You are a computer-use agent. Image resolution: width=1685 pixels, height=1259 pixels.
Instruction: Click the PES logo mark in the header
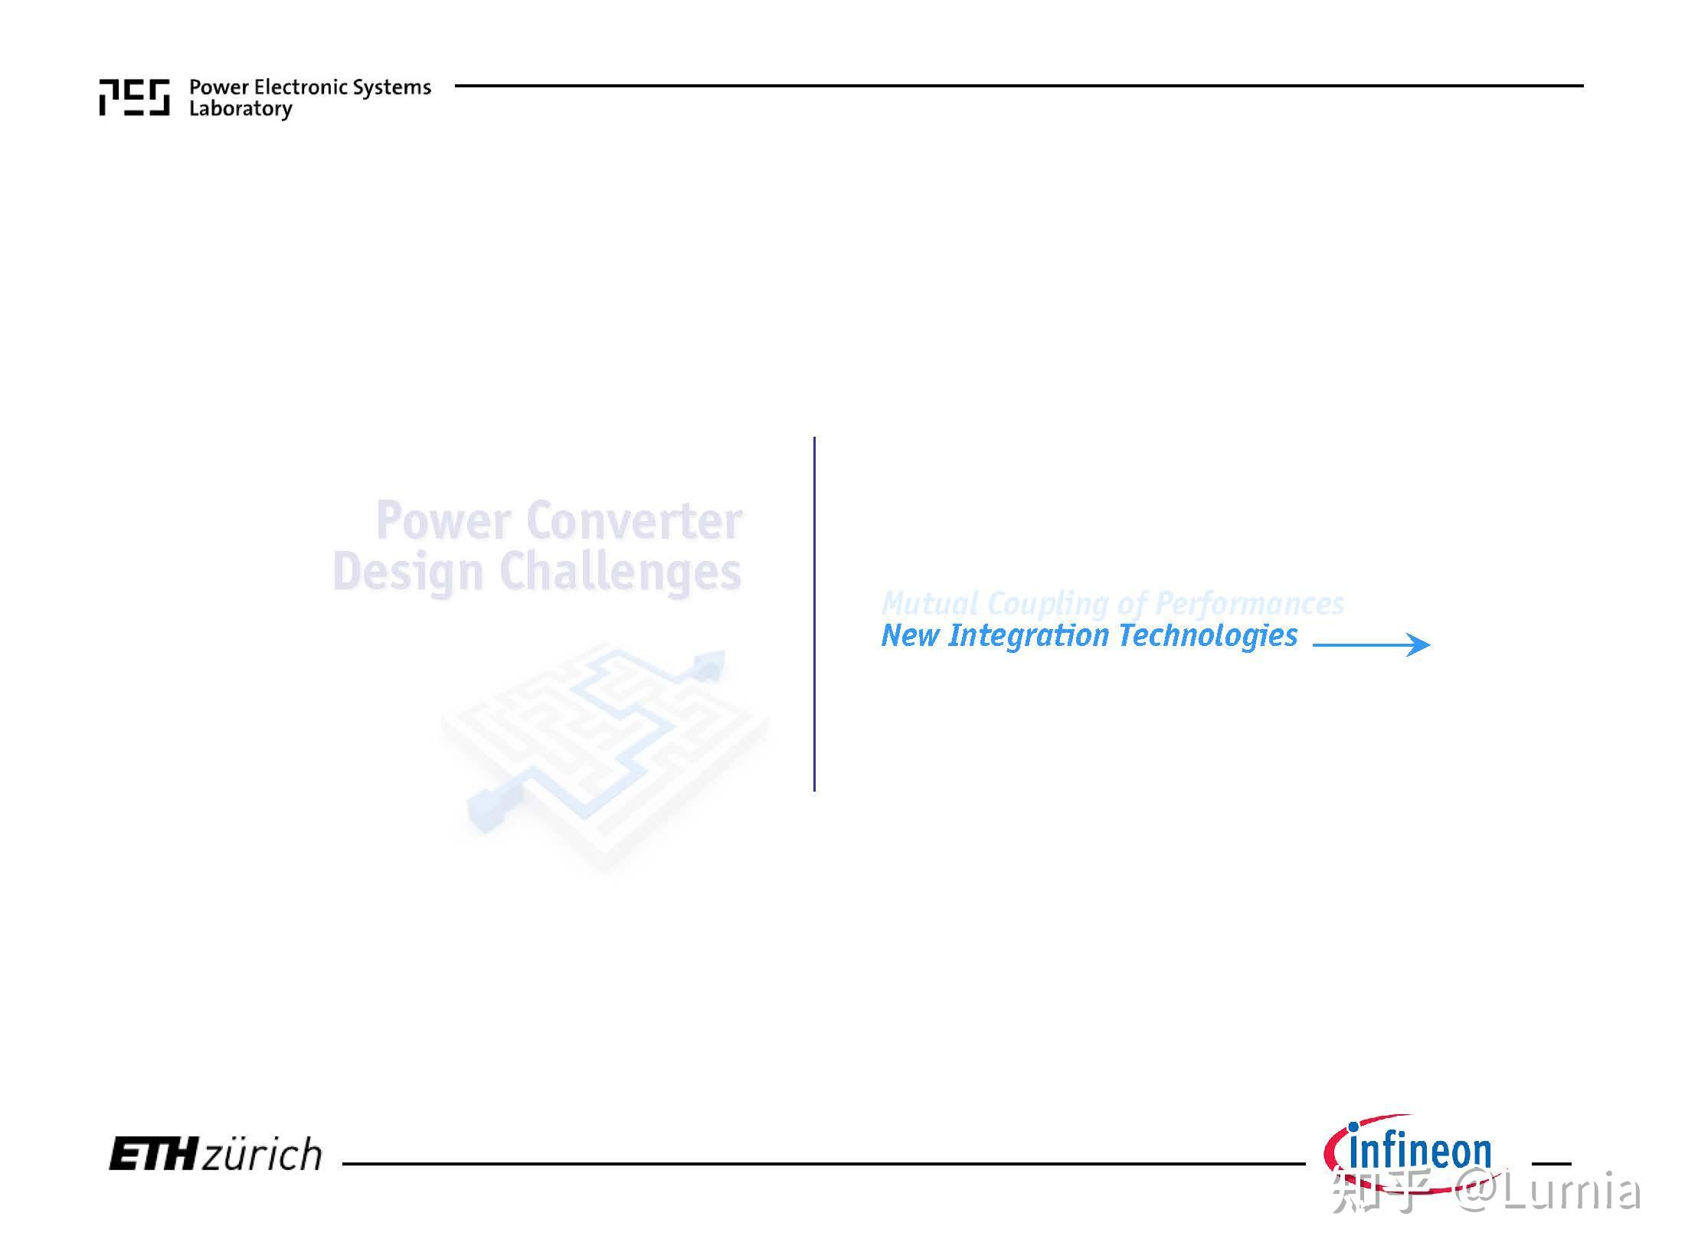coord(135,97)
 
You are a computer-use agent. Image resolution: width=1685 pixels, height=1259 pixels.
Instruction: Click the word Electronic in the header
coord(290,87)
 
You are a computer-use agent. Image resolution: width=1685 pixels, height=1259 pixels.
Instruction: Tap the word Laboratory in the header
coord(240,110)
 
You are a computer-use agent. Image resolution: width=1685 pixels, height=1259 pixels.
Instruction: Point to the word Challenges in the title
coord(620,572)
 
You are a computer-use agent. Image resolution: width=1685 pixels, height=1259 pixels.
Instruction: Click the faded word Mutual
coord(930,603)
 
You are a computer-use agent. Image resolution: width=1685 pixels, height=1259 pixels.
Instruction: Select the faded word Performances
coord(1249,605)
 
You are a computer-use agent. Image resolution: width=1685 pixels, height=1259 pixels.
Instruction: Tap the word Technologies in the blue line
coord(1208,636)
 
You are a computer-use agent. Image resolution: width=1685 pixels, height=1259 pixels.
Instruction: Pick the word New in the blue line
coord(911,635)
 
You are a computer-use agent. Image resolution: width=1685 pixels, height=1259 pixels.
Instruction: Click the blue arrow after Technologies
coord(1371,644)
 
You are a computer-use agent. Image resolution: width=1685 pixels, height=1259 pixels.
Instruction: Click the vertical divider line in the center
coord(814,614)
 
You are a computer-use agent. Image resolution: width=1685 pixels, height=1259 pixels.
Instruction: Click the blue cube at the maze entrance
coord(486,809)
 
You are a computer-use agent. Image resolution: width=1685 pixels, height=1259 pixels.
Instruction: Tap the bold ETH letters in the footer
coord(153,1154)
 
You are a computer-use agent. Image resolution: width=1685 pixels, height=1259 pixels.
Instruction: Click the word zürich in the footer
coord(262,1154)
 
